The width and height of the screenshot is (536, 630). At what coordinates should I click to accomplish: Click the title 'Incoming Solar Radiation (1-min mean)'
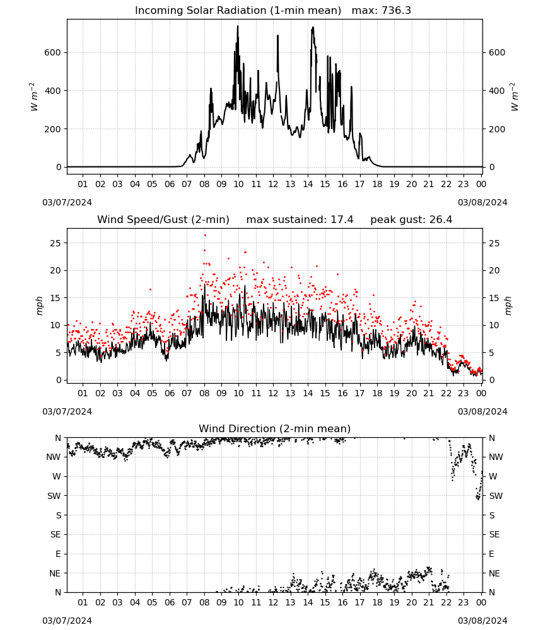coord(238,11)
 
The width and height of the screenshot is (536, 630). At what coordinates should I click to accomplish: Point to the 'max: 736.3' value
coord(382,11)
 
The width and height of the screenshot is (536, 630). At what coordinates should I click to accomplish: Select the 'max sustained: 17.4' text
coord(300,220)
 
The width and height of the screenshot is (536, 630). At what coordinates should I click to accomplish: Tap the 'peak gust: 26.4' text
coord(411,220)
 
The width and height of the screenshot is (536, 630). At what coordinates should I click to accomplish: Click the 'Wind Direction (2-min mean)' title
coord(275,428)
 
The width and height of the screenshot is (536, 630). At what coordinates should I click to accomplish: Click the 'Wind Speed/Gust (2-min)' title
coord(163,220)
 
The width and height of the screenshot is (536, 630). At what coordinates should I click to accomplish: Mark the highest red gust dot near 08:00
coord(205,235)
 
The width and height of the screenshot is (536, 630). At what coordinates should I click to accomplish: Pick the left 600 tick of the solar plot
coord(53,53)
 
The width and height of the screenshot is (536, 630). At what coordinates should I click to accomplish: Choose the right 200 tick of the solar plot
coord(497,129)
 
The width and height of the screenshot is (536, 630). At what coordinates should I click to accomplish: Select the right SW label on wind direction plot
coord(496,496)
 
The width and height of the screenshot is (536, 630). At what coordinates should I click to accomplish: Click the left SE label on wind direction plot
coord(55,534)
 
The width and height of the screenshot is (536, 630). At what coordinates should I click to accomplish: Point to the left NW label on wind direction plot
coord(54,457)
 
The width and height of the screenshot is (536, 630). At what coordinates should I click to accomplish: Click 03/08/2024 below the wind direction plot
coord(482,621)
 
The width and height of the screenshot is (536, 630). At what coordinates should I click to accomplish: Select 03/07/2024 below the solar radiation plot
coord(67,202)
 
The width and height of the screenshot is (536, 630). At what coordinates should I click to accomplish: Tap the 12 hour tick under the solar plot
coord(273,184)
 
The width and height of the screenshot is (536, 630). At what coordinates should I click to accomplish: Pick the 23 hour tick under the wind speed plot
coord(463,393)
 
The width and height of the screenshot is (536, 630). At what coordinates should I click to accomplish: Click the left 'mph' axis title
coord(39,306)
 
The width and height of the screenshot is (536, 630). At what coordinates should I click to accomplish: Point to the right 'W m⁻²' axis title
coord(515,97)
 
